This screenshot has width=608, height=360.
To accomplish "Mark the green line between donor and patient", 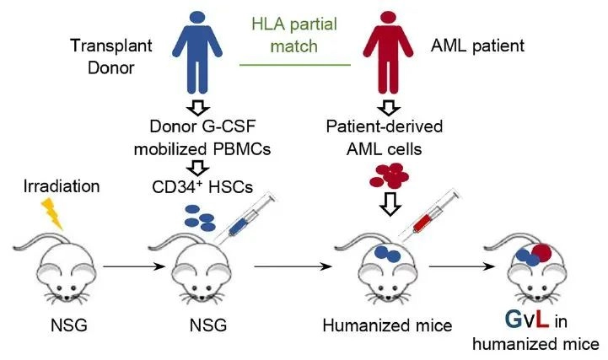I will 293,63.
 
